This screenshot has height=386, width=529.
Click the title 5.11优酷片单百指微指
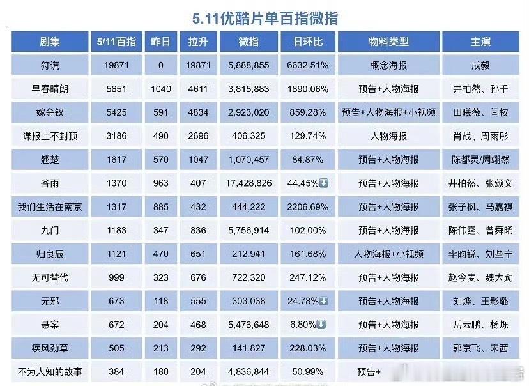tap(265, 18)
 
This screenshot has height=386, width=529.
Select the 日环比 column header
tap(308, 42)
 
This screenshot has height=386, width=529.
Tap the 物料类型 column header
tap(388, 42)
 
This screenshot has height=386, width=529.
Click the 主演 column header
tap(480, 42)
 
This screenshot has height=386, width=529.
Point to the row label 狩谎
tap(50, 65)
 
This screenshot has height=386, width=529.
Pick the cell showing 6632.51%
tap(308, 65)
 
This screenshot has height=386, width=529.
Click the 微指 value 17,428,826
tap(249, 183)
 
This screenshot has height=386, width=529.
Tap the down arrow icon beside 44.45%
tap(323, 183)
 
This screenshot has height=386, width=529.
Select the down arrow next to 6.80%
tap(321, 325)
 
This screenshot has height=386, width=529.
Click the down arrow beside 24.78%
tap(323, 301)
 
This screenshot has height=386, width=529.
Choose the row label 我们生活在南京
tap(50, 206)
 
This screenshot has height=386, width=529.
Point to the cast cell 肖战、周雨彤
tap(480, 136)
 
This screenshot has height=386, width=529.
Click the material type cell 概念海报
tap(388, 65)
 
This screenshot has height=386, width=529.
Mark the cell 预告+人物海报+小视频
tap(388, 112)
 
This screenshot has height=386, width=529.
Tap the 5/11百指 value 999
tap(116, 277)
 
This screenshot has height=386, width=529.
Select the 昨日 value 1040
tap(160, 89)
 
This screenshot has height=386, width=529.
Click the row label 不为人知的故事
tap(50, 372)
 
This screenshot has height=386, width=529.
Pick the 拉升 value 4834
tap(198, 112)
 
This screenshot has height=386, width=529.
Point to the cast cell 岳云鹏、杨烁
tap(480, 325)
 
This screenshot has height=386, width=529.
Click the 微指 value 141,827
tap(249, 348)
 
